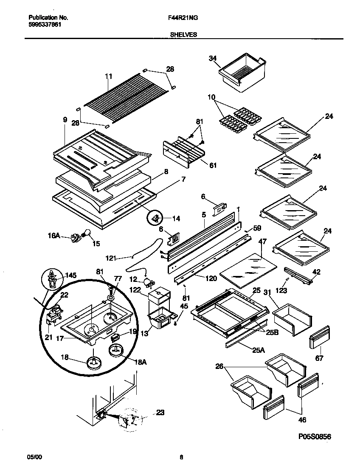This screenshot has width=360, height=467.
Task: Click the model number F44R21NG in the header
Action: tap(180, 18)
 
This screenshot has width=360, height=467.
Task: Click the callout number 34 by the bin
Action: tap(213, 59)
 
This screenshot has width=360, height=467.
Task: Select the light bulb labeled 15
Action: tap(87, 233)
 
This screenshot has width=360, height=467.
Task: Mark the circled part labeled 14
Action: tap(156, 218)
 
